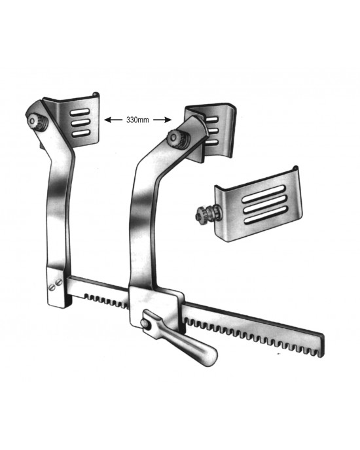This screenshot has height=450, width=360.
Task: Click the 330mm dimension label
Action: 137,120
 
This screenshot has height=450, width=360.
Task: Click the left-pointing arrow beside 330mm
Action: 113,120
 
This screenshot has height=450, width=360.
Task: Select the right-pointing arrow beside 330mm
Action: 162,120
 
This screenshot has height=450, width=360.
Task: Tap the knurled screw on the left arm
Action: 37,122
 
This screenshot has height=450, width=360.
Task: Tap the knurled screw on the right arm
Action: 177,140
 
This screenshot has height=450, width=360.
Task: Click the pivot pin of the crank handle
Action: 145,324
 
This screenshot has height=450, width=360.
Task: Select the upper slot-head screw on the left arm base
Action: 59,282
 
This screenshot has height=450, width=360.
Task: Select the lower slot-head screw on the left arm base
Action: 52,287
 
